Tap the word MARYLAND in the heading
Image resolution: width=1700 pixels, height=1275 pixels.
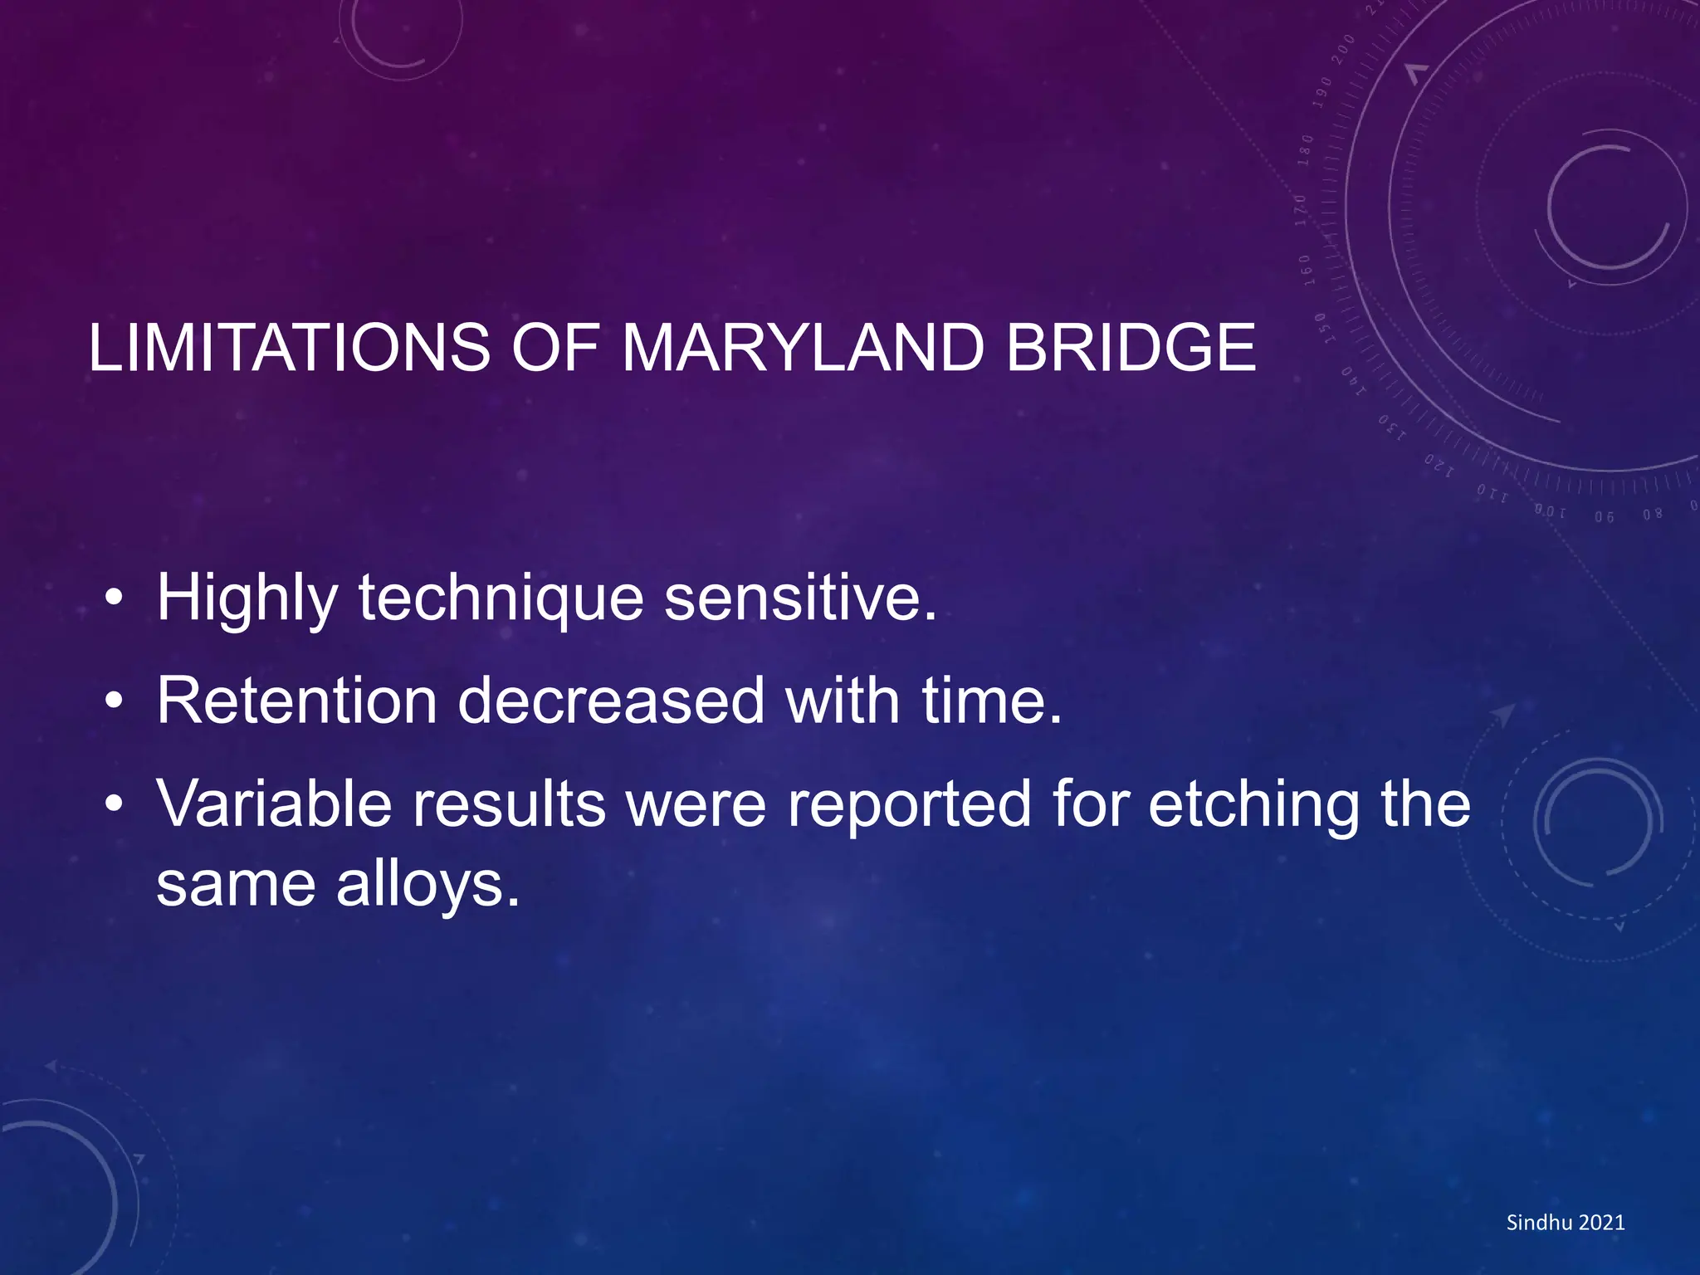point(802,348)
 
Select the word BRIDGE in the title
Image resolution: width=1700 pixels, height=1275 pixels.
point(1131,348)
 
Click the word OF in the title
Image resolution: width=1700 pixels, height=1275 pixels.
point(554,348)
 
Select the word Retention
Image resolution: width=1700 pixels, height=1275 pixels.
point(296,701)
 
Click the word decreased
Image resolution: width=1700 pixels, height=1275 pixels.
point(610,701)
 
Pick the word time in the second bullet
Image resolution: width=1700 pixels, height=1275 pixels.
point(990,701)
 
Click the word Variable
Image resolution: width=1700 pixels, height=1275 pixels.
point(274,804)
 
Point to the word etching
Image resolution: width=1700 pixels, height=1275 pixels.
point(1253,804)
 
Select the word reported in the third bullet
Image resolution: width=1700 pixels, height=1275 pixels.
point(909,804)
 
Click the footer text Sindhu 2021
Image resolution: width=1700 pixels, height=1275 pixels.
point(1565,1222)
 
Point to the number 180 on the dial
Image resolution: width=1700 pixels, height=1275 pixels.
point(1307,149)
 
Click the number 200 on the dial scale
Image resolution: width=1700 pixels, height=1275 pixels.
point(1342,50)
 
